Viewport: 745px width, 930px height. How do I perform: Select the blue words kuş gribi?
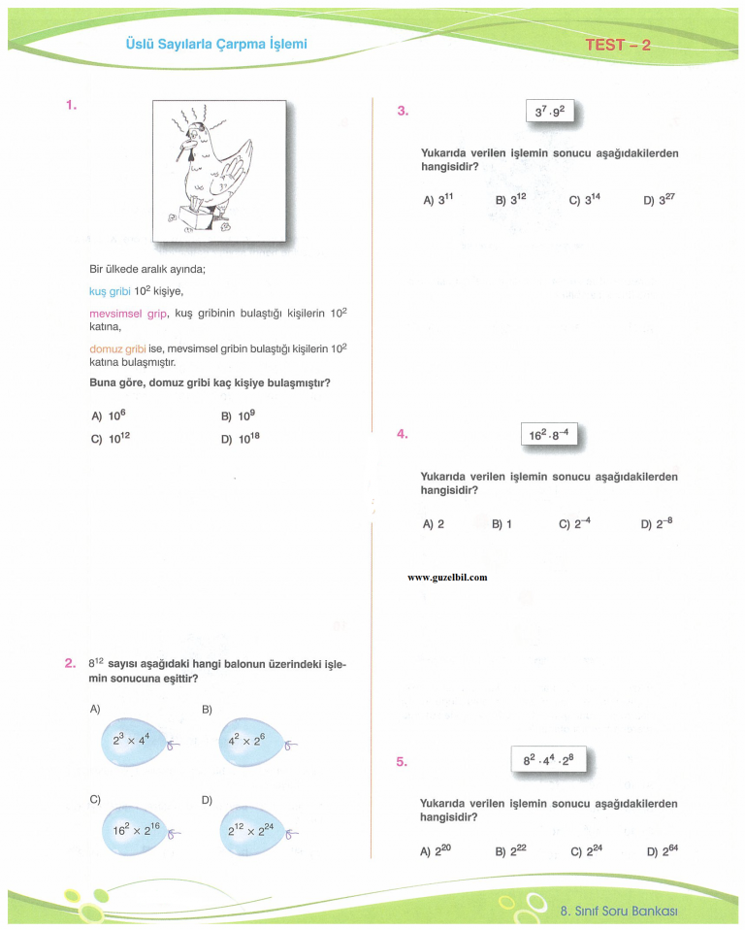coord(110,290)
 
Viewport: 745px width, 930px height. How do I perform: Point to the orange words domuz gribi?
coord(117,348)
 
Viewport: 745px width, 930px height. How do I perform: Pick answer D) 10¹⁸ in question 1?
coord(241,438)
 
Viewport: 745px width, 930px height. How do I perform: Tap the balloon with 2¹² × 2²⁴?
coord(248,831)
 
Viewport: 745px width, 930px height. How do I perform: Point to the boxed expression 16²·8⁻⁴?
coord(549,434)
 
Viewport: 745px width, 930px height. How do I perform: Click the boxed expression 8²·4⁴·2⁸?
coord(549,760)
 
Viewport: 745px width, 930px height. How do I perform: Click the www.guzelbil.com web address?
coord(447,577)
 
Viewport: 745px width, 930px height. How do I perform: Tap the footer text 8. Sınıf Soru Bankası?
coord(618,911)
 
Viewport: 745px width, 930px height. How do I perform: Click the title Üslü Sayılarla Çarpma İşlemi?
coord(216,44)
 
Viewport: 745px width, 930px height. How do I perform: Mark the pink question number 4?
coord(403,434)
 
